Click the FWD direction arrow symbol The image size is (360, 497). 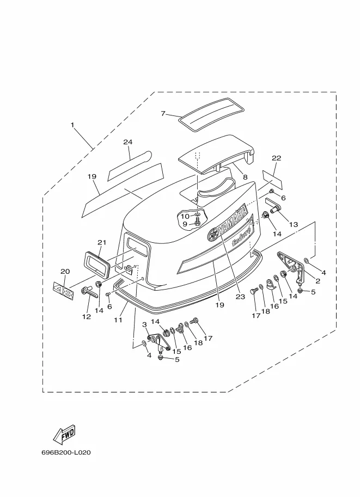point(64,434)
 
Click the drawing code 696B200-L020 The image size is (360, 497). point(66,452)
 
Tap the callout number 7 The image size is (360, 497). point(163,113)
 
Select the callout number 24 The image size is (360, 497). point(128,142)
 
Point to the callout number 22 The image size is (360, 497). point(277,158)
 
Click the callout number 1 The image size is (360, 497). point(72,125)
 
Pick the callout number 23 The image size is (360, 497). point(240,297)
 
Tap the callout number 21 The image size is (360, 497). point(102,242)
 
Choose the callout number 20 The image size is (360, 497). point(65,271)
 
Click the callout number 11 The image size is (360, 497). point(118,320)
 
